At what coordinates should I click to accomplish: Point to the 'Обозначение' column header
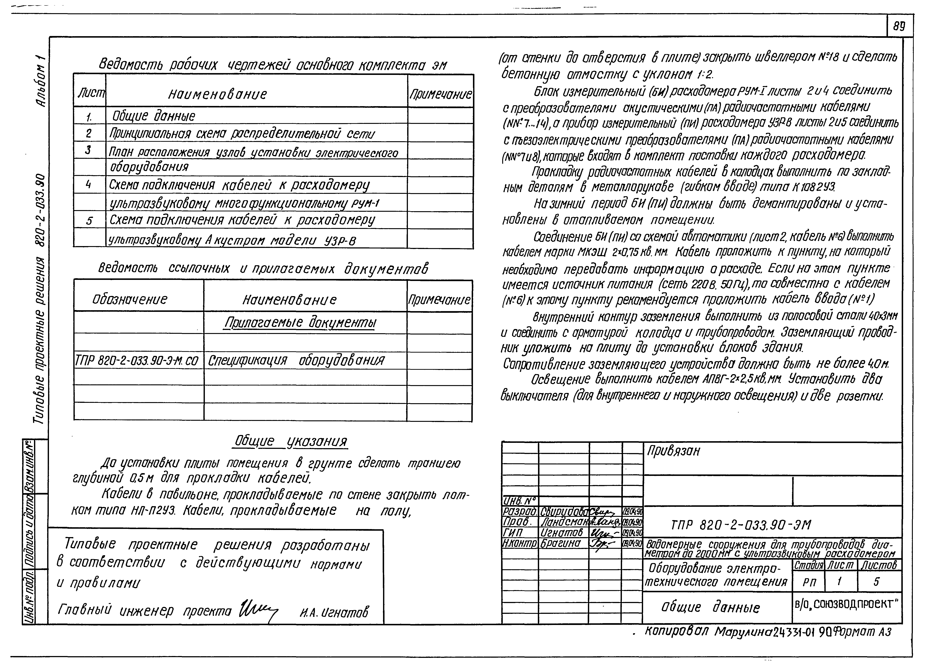[x=130, y=300]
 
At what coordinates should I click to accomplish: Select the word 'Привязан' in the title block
[x=673, y=451]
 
